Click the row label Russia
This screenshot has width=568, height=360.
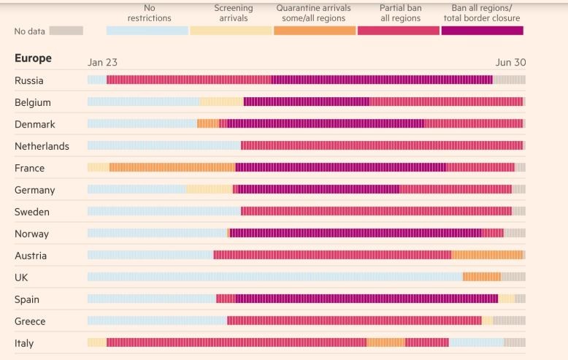click(x=29, y=80)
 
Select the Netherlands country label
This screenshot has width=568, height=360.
click(x=42, y=146)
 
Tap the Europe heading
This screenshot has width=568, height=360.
click(x=33, y=58)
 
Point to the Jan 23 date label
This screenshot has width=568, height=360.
click(x=102, y=63)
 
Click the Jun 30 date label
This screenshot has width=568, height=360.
click(x=510, y=63)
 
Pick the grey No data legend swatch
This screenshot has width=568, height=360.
click(x=66, y=31)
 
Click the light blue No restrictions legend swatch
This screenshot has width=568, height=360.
click(x=147, y=31)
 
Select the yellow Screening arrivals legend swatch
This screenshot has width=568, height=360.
click(x=230, y=31)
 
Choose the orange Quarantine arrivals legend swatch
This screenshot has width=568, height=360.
click(x=315, y=31)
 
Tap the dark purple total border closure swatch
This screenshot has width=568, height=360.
click(x=482, y=31)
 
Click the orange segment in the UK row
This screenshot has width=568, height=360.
click(x=481, y=277)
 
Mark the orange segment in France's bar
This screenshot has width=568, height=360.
click(x=172, y=167)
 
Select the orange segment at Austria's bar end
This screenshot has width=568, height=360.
click(x=487, y=255)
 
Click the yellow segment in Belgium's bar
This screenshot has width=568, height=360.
click(x=221, y=102)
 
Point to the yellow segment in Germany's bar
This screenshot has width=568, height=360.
click(x=209, y=189)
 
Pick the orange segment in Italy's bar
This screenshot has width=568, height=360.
click(x=385, y=342)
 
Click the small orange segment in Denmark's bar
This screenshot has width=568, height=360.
click(x=207, y=123)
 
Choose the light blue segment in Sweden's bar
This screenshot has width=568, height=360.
click(x=164, y=211)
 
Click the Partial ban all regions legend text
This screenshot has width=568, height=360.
click(x=400, y=13)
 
